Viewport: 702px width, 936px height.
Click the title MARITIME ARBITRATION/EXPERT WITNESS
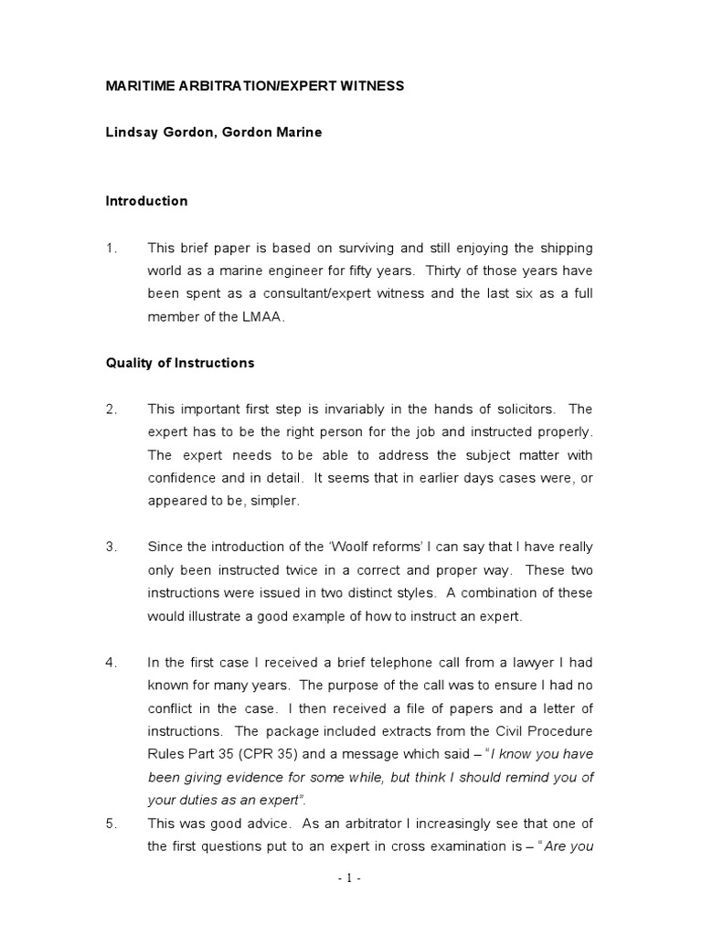pos(254,86)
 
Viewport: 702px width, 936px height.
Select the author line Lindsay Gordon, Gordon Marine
pos(214,133)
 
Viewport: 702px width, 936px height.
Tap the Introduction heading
pos(146,201)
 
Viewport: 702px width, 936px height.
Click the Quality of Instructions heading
pos(180,363)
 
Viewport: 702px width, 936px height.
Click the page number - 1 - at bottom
pos(350,879)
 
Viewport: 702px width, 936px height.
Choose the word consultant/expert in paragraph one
pos(300,294)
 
